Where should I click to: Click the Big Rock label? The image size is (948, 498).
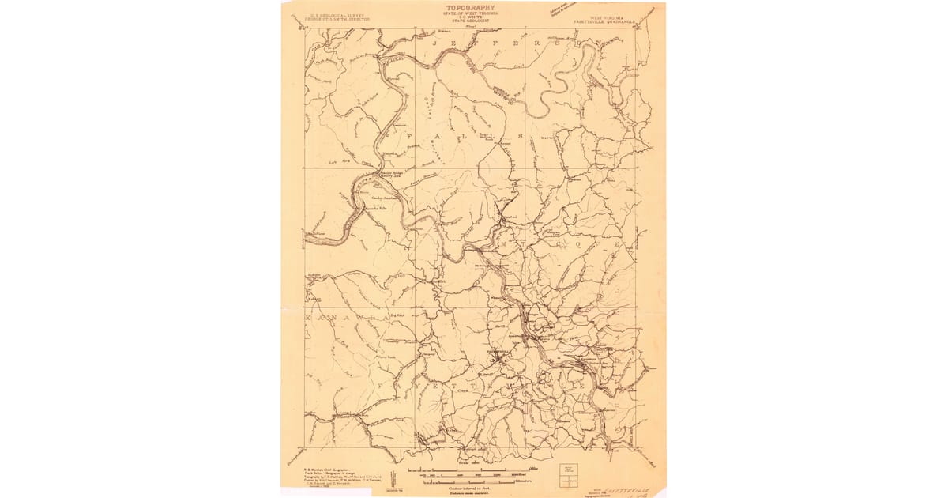tap(400, 314)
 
